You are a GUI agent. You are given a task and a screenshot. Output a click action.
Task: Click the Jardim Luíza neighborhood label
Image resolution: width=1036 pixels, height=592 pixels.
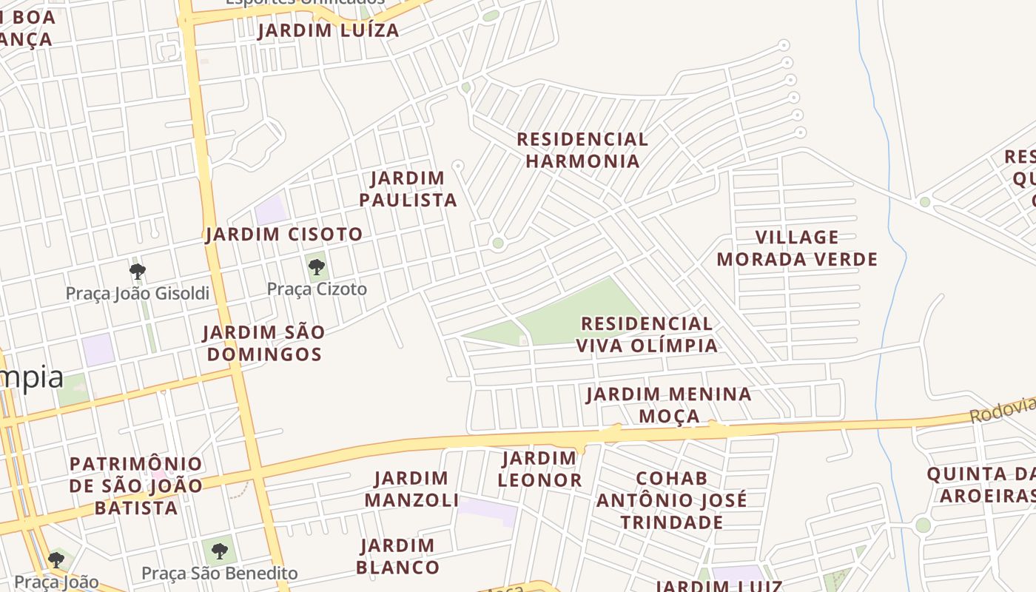coord(329,30)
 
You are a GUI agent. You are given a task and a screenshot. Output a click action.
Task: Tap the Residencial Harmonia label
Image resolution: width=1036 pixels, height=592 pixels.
coord(582,150)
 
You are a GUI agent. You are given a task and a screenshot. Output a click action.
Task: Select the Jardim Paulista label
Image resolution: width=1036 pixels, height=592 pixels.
coord(408,189)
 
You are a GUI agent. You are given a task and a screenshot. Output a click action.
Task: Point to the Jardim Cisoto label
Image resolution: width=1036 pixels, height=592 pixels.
coord(284,235)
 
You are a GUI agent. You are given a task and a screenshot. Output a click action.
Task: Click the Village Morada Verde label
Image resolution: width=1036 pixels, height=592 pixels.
coord(797,249)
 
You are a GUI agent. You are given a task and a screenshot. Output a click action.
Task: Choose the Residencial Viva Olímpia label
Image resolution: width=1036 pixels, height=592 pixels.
coord(647,334)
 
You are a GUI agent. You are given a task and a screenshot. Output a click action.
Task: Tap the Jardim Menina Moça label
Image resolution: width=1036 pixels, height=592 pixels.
coord(669,405)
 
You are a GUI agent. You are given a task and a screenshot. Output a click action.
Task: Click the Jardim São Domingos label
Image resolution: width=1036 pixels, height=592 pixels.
coord(264,343)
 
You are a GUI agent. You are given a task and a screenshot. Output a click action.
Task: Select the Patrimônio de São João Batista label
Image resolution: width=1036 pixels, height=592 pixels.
coord(136,486)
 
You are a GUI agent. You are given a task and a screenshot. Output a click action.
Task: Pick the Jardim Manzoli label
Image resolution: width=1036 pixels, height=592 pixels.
coord(411,489)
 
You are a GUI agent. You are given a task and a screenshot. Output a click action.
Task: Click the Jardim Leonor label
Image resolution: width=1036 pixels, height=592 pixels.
coord(539,469)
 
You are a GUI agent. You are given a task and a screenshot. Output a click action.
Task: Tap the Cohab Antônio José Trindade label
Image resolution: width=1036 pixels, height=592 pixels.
coord(672,500)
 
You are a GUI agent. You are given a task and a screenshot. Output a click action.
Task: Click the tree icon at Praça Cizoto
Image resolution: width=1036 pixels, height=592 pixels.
coord(317,266)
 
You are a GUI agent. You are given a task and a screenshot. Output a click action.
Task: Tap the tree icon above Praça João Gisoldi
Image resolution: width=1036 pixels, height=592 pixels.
coord(137,271)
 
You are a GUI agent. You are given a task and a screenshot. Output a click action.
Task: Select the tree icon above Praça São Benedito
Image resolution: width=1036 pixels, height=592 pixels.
coord(219,551)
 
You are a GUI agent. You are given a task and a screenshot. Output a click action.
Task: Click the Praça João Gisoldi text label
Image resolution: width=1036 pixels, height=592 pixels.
coord(138,294)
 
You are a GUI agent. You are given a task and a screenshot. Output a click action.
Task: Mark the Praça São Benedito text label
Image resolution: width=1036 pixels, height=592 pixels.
coord(219,573)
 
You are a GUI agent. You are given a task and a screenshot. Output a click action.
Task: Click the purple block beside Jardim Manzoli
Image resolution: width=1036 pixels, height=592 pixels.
coord(487,510)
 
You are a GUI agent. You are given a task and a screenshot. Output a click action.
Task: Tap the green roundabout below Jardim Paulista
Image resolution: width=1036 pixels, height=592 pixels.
coord(498,243)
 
